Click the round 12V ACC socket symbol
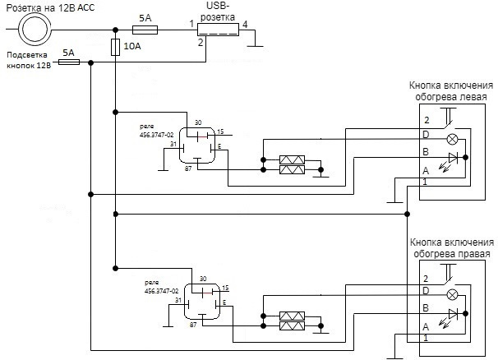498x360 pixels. click(35, 30)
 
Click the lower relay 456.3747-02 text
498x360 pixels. click(161, 287)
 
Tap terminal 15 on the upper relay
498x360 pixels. click(220, 131)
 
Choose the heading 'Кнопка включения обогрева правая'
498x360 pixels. click(451, 248)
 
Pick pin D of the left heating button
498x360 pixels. click(425, 134)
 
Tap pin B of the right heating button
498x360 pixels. click(425, 307)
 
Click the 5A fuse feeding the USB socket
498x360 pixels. click(145, 30)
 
